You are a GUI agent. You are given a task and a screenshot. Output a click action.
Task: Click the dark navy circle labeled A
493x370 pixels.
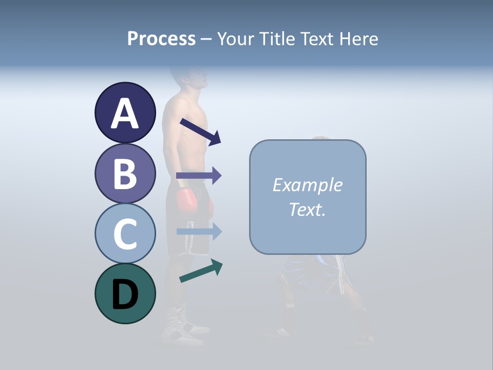pos(125,113)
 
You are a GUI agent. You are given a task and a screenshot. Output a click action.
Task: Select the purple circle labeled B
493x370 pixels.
pos(125,173)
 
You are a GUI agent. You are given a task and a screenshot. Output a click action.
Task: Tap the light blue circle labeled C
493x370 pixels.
pos(125,233)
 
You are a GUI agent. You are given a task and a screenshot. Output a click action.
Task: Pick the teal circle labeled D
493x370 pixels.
pos(125,293)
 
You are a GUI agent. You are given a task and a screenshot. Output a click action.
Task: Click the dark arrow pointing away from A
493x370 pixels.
pos(200,132)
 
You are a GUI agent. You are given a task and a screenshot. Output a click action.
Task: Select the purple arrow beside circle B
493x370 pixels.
pos(199,176)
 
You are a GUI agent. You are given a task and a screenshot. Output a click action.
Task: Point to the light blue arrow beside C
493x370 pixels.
pos(199,231)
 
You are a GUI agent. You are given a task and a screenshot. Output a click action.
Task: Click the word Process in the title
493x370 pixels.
pos(161,39)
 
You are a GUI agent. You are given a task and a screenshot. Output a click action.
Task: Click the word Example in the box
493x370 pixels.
pos(308,185)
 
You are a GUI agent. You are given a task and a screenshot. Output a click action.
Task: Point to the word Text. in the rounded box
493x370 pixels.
pos(308,209)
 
